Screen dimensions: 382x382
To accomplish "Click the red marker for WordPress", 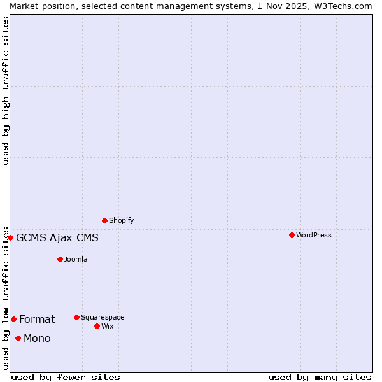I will (292, 235).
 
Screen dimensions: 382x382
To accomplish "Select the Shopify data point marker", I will (104, 220).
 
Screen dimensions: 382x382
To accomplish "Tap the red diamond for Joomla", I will (60, 259).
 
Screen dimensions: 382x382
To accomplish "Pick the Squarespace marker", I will (76, 317).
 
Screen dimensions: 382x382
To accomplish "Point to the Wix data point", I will (97, 326).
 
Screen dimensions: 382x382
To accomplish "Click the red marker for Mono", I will (18, 338).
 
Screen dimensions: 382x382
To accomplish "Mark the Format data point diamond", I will (13, 319).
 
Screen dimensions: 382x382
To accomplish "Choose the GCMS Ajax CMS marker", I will (10, 237).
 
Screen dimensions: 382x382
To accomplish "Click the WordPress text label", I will (314, 235).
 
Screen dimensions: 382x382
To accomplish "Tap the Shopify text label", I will (122, 220).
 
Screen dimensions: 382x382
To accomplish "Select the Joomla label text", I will (76, 259).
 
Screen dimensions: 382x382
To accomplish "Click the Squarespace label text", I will (103, 317).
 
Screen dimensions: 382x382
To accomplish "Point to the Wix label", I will (108, 326).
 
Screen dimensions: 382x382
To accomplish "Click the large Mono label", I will (37, 338).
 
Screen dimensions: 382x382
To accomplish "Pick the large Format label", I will (37, 319).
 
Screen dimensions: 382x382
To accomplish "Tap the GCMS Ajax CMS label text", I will (57, 238).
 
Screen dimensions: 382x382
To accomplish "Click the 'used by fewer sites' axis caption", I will (66, 377).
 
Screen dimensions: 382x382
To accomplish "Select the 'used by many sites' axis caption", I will (320, 377).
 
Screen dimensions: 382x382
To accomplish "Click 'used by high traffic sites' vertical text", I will (6, 90).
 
